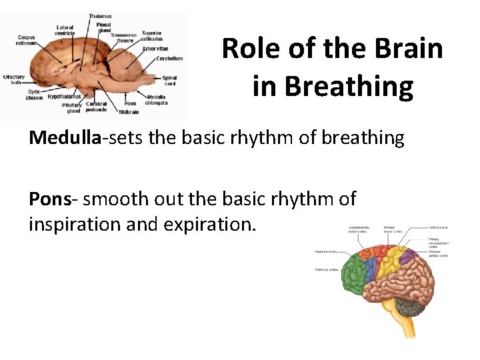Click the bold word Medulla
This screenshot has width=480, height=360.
[x=65, y=138]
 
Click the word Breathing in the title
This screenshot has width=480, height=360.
[x=333, y=86]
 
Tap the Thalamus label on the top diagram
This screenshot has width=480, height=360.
[x=101, y=15]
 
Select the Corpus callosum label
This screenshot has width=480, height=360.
[x=27, y=41]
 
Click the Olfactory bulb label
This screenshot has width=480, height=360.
[x=13, y=79]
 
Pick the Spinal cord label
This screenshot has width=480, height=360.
[x=169, y=80]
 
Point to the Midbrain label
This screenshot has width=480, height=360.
[x=129, y=112]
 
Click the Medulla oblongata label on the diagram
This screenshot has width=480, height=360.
[x=156, y=100]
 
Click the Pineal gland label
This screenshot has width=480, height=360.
[x=104, y=27]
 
